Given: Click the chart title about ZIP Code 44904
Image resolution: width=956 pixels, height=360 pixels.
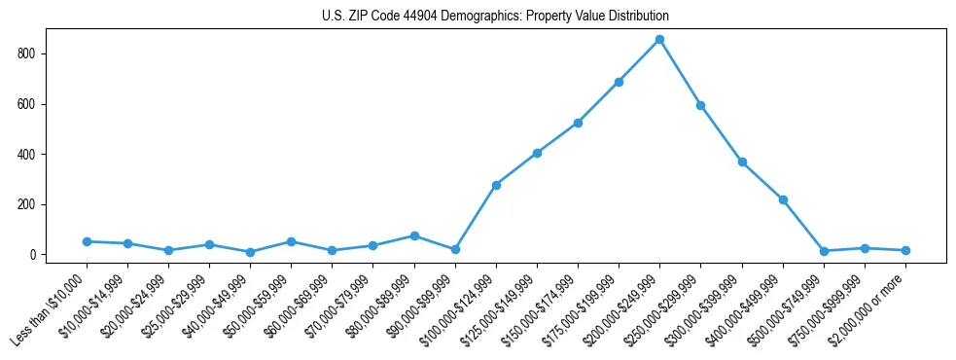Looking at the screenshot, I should [x=495, y=17].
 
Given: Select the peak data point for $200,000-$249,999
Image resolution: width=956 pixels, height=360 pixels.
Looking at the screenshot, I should [x=659, y=39].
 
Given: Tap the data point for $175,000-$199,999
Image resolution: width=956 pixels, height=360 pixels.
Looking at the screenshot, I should [x=619, y=82].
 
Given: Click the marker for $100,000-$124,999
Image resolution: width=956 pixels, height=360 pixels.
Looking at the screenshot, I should [x=496, y=185].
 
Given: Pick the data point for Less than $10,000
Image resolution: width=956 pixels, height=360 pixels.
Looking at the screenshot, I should [x=87, y=241].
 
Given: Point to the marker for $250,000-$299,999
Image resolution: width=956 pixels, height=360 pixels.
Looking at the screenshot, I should [x=700, y=105].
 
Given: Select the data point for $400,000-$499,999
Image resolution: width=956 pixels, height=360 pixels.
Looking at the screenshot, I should [x=783, y=199].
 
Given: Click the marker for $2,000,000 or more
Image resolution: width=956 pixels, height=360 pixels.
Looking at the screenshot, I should [x=905, y=250].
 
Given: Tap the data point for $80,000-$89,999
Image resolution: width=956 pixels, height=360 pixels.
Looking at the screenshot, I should [x=414, y=235].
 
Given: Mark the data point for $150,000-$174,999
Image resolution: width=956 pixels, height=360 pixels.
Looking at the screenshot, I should [x=578, y=123].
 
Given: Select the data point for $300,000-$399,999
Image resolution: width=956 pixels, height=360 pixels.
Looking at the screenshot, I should [x=742, y=162].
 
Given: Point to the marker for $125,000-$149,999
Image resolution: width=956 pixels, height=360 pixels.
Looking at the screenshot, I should [x=537, y=153].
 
